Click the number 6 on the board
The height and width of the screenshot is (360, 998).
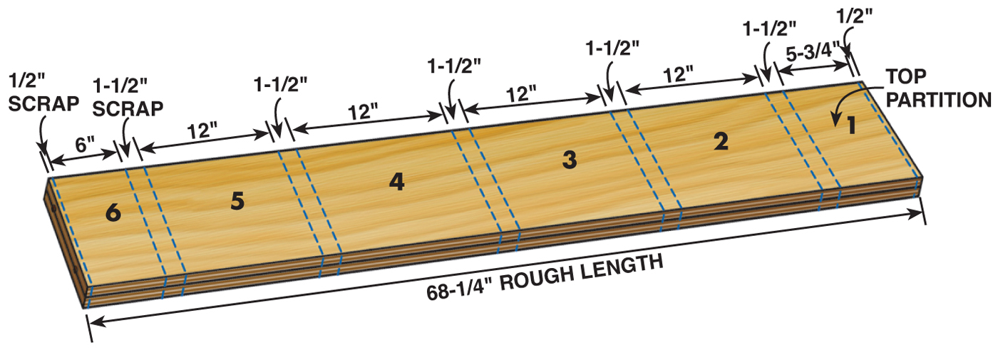click(113, 212)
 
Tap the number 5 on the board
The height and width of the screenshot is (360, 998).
click(237, 201)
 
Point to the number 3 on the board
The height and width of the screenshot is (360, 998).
click(568, 161)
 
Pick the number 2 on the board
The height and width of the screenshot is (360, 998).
click(721, 143)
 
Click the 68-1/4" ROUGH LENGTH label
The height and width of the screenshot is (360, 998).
click(545, 278)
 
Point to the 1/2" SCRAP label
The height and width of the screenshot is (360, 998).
click(43, 93)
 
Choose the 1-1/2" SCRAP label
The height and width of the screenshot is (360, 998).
click(128, 97)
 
